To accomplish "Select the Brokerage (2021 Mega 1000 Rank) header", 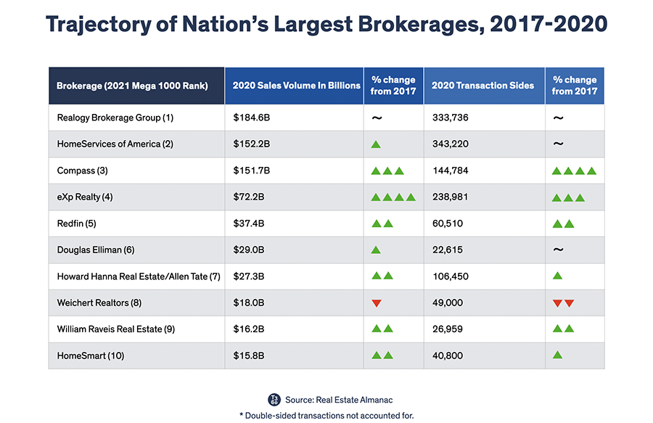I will click(x=132, y=86).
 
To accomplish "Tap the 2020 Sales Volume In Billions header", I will click(x=296, y=86).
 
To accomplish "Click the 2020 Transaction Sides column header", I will click(x=482, y=86).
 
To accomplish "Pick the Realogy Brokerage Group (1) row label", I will click(x=115, y=118).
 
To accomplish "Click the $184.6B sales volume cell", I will click(x=249, y=118).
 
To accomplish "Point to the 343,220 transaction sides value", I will click(x=451, y=144).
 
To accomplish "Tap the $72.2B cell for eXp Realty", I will click(x=246, y=197).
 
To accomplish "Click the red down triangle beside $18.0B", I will click(x=376, y=303).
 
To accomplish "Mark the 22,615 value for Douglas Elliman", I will click(x=448, y=250).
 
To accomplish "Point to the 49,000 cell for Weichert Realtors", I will click(x=448, y=303).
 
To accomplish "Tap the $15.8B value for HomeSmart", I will click(x=247, y=356).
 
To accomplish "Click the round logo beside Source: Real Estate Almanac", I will click(x=274, y=399).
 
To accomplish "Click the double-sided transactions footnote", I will click(x=326, y=416).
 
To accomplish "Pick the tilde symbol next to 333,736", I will click(x=558, y=118).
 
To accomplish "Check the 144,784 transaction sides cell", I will click(x=451, y=171).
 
